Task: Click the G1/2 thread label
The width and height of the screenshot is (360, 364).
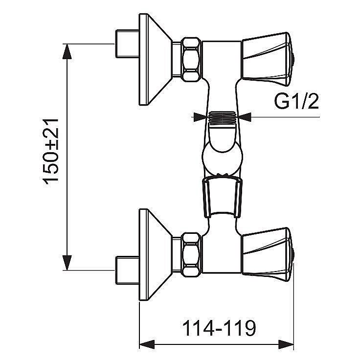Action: (x=296, y=101)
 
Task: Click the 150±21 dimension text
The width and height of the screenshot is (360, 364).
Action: (x=51, y=152)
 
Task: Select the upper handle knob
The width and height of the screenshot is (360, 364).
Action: (x=268, y=59)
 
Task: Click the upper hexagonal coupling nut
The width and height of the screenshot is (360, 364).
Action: (x=191, y=59)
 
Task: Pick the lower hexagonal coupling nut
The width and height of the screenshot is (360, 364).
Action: (x=191, y=255)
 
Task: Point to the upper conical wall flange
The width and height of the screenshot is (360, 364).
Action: (x=155, y=59)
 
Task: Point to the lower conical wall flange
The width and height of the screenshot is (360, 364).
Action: (x=155, y=255)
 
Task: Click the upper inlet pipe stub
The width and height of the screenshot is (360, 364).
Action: (x=127, y=44)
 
